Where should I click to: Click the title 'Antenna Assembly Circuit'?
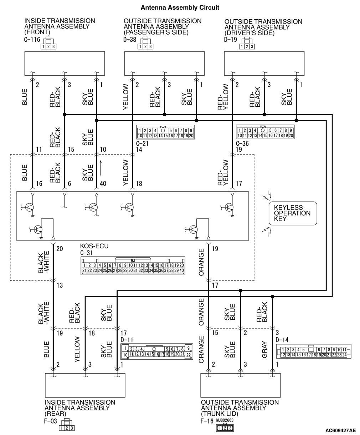[x=180, y=7]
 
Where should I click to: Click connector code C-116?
[x=32, y=40]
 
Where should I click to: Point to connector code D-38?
[x=130, y=40]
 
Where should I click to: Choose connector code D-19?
[x=231, y=40]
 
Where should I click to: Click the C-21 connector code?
[x=142, y=143]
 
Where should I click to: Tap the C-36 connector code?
[x=242, y=143]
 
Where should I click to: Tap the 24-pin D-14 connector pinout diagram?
[x=314, y=352]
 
